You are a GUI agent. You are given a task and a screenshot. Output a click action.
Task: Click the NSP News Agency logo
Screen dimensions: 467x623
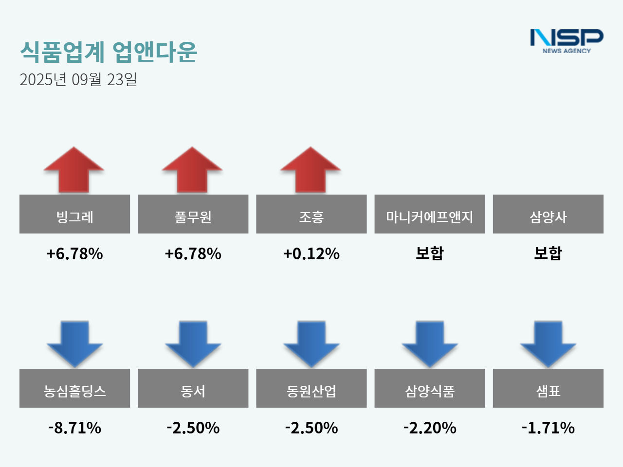point(567,41)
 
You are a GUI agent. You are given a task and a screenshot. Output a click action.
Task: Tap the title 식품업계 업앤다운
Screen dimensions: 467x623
point(109,52)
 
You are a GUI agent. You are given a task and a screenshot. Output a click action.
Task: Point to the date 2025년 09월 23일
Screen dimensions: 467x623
point(78,79)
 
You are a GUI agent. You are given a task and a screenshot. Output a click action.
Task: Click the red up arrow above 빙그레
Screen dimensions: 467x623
point(74,170)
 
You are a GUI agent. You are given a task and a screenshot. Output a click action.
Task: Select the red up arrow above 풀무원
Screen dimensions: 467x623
point(192,170)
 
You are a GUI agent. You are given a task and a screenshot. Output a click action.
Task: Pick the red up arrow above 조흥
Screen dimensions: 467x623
point(311,170)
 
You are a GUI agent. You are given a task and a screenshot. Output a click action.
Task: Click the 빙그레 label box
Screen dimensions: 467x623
point(74,214)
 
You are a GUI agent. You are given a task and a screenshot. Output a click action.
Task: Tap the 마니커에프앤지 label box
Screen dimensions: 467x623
point(429,214)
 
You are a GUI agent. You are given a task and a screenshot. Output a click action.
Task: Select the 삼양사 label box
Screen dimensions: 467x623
point(548,214)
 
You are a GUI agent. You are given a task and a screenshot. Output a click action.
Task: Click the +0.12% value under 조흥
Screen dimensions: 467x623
point(311,253)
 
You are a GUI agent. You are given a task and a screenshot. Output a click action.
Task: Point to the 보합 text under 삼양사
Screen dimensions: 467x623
point(548,253)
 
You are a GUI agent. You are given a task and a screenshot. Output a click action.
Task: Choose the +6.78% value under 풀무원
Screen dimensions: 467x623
point(193,253)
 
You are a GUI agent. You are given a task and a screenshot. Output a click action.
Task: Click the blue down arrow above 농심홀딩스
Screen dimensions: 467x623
point(74,343)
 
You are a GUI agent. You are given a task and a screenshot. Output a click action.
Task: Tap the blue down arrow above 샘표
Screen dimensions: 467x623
point(548,343)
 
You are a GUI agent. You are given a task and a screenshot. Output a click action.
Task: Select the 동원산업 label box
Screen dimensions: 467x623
point(311,388)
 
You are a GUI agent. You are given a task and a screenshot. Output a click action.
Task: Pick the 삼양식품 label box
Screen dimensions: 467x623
point(429,388)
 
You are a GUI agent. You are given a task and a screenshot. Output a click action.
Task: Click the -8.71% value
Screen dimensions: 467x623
point(74,428)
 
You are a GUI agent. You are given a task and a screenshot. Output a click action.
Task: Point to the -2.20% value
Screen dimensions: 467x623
point(429,428)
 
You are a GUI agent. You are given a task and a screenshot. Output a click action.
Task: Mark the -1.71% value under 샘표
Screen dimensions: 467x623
point(548,428)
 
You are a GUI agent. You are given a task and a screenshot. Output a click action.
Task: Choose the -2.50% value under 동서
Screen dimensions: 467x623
point(193,428)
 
